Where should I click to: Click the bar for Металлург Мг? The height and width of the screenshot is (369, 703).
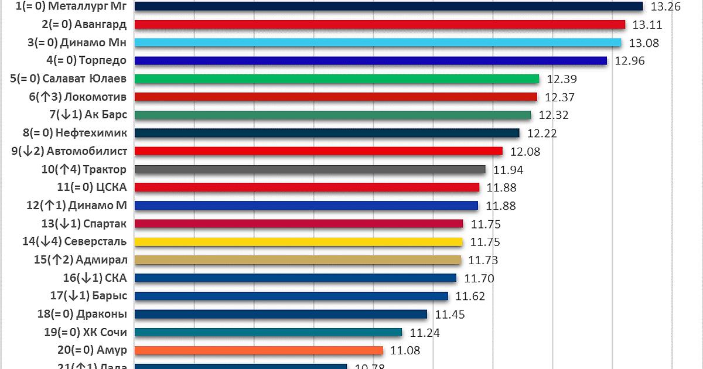[x=389, y=6]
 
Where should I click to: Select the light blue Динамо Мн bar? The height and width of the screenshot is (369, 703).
[x=378, y=43]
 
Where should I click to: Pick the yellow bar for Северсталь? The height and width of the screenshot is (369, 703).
[x=299, y=242]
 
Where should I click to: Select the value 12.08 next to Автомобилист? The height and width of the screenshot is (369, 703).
[x=524, y=152]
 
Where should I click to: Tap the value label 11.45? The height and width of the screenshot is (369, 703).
[x=450, y=315]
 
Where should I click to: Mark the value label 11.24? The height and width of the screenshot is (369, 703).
[x=425, y=333]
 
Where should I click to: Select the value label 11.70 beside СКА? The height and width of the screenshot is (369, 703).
[x=479, y=278]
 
